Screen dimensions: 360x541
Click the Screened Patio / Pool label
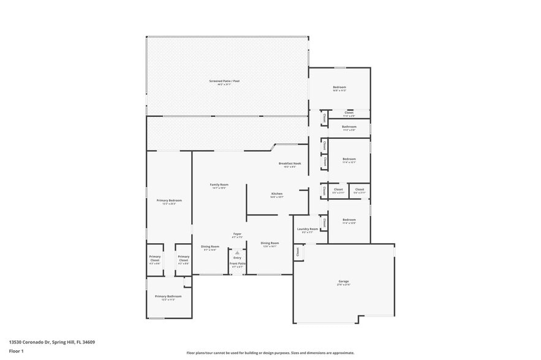point(227,81)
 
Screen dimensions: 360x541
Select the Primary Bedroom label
point(168,200)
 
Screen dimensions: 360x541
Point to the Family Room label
point(219,184)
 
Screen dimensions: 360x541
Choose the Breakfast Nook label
point(290,163)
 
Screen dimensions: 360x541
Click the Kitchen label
point(277,194)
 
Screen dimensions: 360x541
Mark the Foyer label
point(237,233)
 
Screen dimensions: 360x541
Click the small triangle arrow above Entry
point(237,252)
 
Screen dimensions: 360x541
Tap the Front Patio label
point(237,263)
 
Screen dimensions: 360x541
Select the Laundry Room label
point(308,229)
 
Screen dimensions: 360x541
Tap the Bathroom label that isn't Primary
point(349,127)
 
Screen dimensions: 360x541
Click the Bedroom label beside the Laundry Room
point(349,220)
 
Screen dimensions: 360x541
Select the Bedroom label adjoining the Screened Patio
point(339,87)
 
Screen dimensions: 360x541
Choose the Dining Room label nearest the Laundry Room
point(270,242)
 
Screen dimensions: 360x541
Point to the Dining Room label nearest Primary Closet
point(210,246)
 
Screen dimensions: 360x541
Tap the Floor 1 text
point(16,351)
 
